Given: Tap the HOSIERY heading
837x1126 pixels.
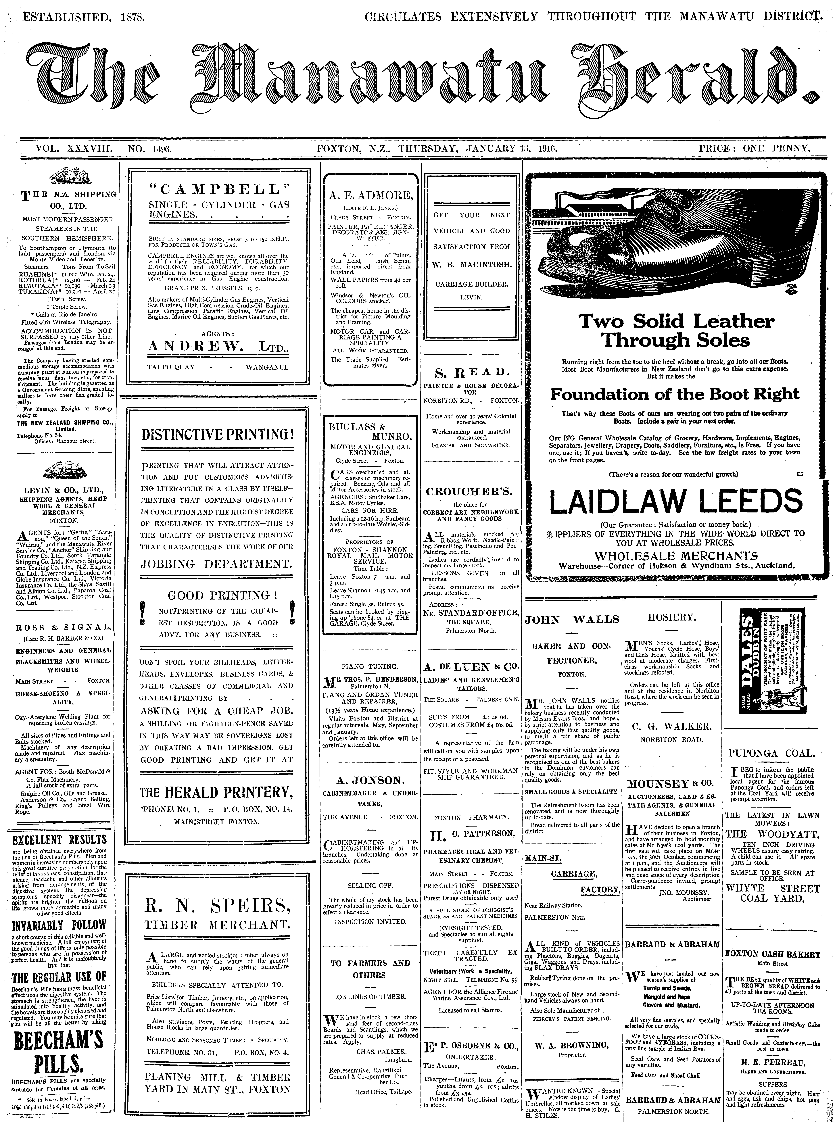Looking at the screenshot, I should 672,618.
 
